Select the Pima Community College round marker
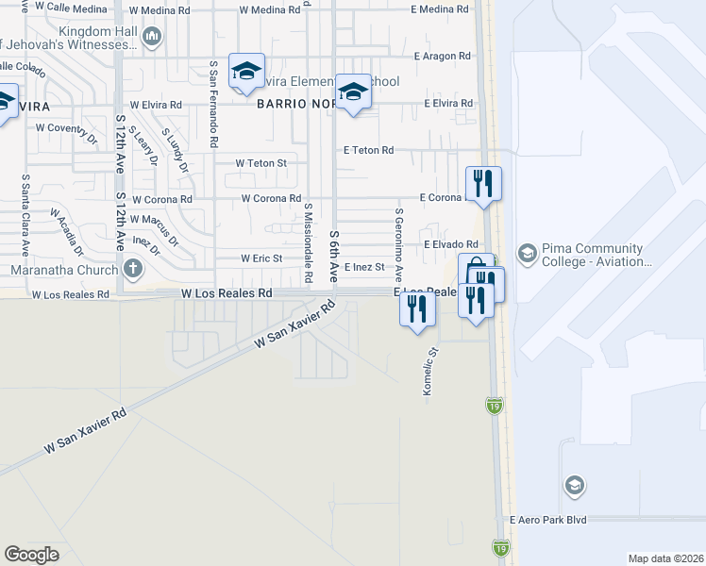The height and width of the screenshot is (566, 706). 527,255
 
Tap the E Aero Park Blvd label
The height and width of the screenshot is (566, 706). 547,520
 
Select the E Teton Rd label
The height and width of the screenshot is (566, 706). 368,150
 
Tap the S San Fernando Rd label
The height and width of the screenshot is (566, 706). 214,104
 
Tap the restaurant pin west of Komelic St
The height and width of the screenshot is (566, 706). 417,307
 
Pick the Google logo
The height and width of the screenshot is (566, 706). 32,554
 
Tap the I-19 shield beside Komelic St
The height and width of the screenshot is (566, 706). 495,405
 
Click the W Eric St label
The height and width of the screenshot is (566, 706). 261,258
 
